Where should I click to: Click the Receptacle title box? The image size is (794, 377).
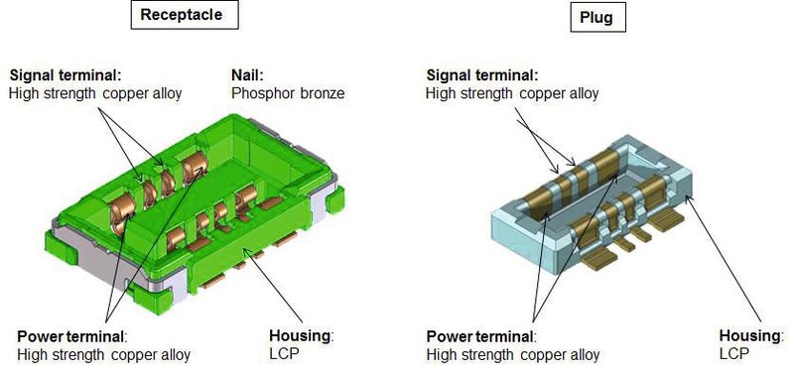point(185,14)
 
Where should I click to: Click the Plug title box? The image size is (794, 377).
point(597,18)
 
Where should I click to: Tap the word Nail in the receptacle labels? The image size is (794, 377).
point(247,75)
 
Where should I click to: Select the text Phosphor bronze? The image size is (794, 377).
point(288,93)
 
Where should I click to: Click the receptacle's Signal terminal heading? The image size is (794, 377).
point(66,75)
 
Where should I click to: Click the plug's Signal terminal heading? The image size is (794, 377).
point(482,75)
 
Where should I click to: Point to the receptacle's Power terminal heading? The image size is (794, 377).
point(71,336)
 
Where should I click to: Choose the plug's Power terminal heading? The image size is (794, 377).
point(481,336)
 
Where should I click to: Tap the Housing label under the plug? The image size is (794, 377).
point(751,335)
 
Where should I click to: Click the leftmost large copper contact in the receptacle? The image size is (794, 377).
point(122,211)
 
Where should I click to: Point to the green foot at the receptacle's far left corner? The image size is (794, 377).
point(61,248)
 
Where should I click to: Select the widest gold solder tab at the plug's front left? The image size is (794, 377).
point(599,260)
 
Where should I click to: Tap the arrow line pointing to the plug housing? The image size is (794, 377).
point(725,259)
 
